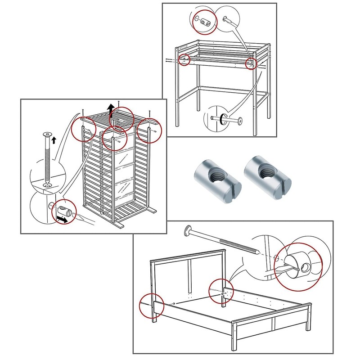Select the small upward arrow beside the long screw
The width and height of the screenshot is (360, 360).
[54, 140]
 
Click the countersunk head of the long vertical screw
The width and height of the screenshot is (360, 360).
[47, 135]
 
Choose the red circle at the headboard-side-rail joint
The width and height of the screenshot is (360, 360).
[221, 292]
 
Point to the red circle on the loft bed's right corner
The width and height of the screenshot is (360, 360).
[251, 63]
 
